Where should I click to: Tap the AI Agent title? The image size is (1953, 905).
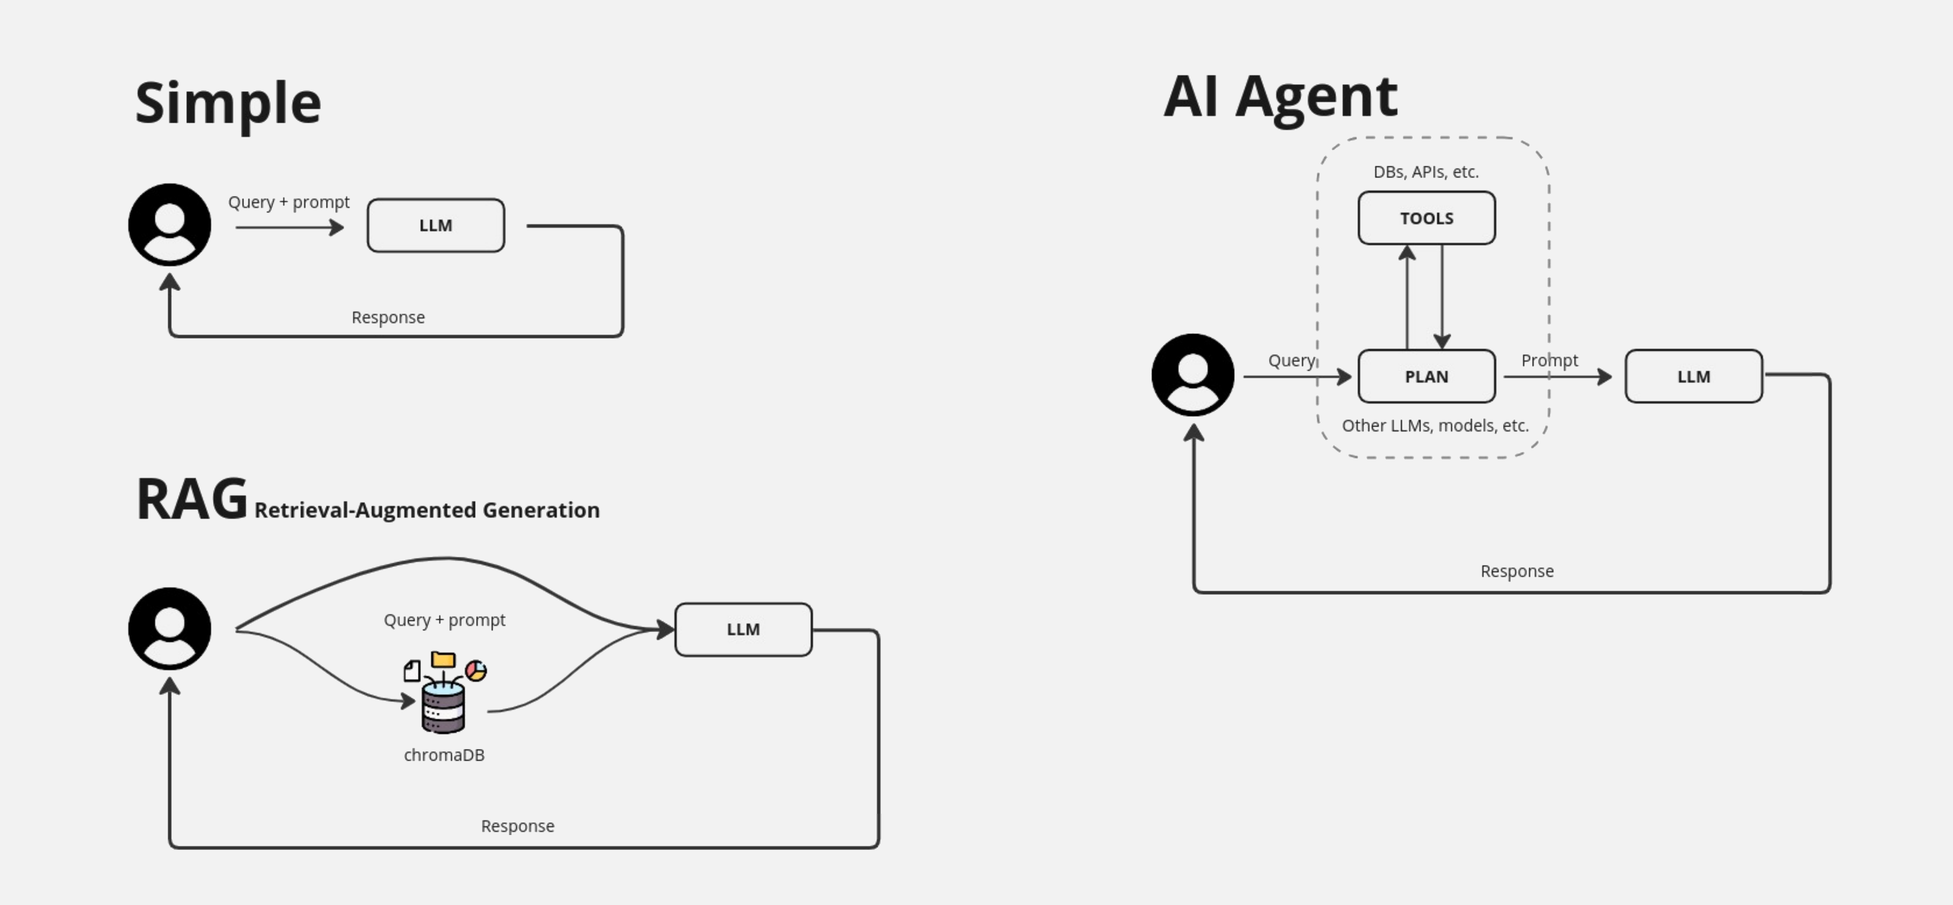click(1281, 97)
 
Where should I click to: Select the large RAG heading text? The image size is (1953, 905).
click(192, 499)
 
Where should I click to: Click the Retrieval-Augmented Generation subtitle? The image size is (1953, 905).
click(427, 510)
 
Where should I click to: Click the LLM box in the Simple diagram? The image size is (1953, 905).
click(436, 225)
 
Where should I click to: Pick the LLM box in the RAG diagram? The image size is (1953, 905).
click(743, 629)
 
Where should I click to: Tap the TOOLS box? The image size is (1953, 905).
click(1426, 218)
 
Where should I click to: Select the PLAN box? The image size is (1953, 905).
click(1426, 376)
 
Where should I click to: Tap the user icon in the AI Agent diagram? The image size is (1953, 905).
click(1193, 374)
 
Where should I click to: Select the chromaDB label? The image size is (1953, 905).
click(444, 755)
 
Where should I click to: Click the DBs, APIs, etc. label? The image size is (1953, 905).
click(1426, 172)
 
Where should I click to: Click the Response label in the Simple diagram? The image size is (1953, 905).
click(388, 318)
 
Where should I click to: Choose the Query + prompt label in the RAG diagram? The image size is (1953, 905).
click(444, 620)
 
